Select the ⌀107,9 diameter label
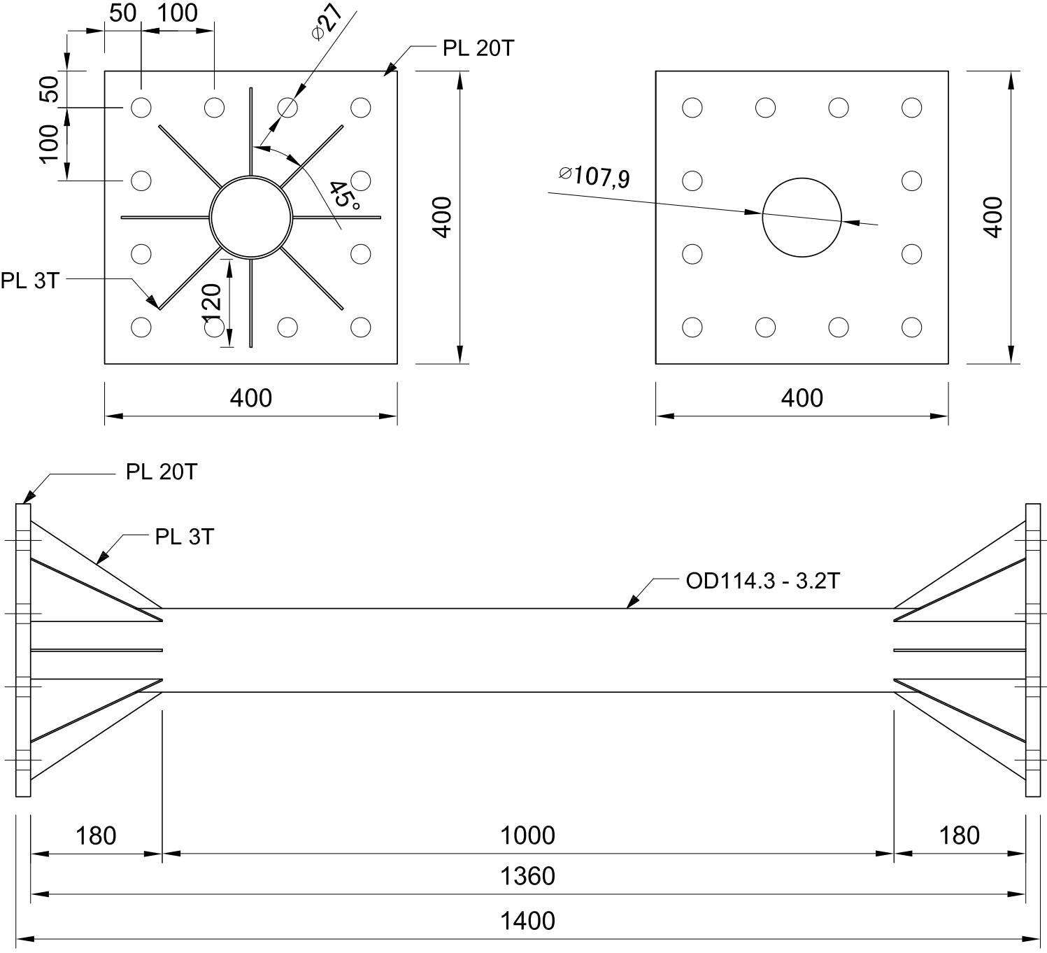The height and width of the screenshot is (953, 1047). (594, 176)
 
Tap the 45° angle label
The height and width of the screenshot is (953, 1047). (345, 194)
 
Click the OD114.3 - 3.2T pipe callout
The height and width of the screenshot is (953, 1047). (762, 581)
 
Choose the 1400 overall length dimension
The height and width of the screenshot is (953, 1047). (527, 921)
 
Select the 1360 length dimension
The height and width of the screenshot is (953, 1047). (527, 876)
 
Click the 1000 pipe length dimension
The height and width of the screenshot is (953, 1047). (527, 835)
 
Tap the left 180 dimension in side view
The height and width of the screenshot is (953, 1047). (96, 835)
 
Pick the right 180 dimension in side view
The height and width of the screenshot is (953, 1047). (960, 835)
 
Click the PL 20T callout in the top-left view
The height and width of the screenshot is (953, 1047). (478, 48)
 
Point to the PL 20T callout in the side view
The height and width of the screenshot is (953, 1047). (162, 472)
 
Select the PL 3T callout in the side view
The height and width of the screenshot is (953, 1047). (184, 537)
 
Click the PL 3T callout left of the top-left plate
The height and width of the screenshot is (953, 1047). (29, 281)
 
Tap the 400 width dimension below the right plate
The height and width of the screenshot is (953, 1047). (802, 398)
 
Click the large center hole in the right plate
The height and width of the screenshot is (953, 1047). (802, 217)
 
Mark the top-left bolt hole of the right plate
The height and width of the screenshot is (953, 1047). (692, 108)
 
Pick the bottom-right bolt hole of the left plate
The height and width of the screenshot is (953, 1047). (361, 327)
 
